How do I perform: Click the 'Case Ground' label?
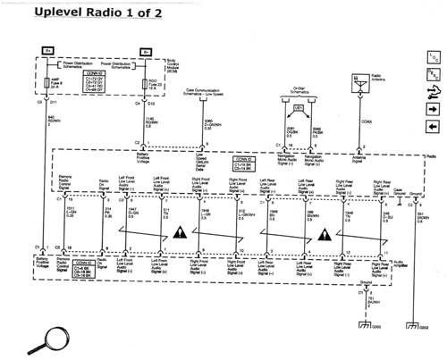(x=398, y=190)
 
